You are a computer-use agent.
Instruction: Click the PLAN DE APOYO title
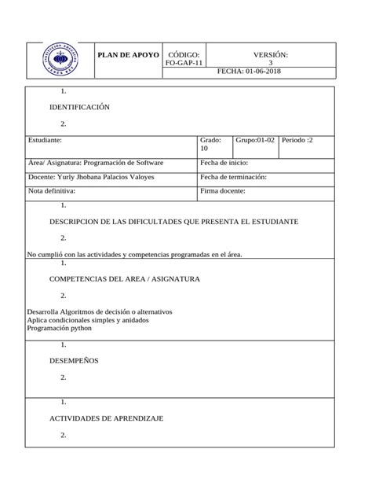(128, 55)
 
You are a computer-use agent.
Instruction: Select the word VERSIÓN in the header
(271, 54)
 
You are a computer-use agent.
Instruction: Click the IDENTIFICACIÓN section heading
(79, 107)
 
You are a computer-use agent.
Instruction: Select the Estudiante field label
(45, 140)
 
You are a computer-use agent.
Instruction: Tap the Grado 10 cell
(210, 144)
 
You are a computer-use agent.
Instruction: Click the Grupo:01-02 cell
(255, 140)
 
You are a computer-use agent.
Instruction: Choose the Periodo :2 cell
(297, 140)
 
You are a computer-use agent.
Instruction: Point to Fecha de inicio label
(224, 163)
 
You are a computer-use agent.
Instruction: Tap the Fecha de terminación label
(234, 177)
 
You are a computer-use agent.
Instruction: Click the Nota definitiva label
(52, 191)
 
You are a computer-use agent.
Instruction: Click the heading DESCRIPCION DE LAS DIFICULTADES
(173, 223)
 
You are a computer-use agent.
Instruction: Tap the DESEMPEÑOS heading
(74, 361)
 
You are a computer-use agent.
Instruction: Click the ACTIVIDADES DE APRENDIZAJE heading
(106, 419)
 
